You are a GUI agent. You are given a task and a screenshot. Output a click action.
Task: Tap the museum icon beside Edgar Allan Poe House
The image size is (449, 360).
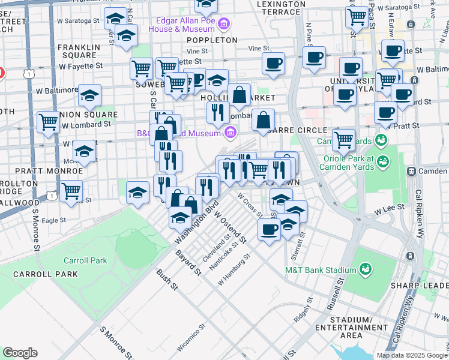[224, 24]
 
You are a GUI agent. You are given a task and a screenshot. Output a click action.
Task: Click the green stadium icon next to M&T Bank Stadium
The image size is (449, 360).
[365, 270]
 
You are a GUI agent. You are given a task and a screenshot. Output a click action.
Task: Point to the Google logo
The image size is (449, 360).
[20, 353]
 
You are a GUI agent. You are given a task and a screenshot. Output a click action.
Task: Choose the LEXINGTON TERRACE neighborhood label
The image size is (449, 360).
[273, 7]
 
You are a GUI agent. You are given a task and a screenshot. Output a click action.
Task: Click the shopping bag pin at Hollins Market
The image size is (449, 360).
[239, 95]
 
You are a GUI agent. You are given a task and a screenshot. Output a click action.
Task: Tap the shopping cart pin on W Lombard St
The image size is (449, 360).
[48, 122]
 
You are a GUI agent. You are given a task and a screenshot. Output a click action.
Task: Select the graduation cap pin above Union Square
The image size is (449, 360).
[89, 95]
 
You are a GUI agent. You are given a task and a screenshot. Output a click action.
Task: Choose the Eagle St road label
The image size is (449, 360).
[54, 220]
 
